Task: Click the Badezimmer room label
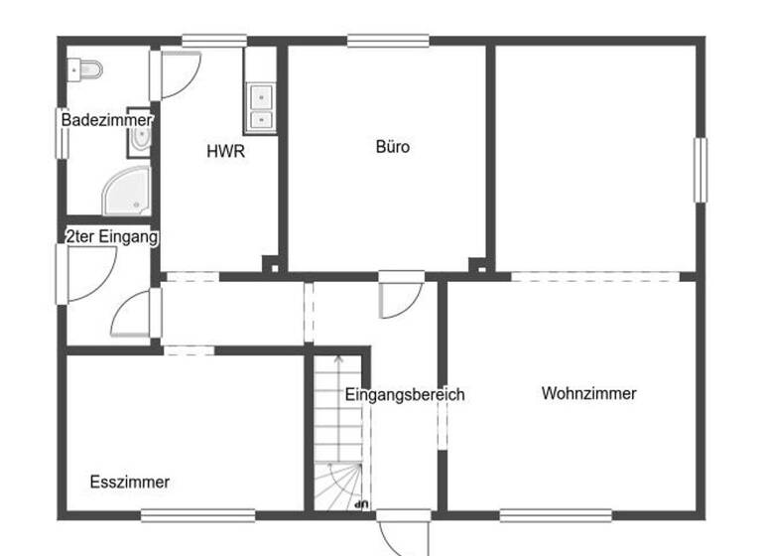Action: point(106,120)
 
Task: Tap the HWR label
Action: point(225,152)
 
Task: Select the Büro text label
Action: point(393,147)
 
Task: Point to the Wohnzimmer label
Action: point(588,393)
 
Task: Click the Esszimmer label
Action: point(129,483)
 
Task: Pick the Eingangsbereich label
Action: point(405,394)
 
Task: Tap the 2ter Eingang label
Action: point(111,237)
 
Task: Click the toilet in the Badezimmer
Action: point(86,69)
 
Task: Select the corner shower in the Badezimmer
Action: point(130,191)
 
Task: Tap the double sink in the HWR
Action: point(260,107)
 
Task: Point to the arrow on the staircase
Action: point(337,362)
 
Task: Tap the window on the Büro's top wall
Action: point(388,41)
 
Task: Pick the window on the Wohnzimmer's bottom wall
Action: point(555,514)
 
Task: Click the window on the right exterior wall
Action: point(699,170)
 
